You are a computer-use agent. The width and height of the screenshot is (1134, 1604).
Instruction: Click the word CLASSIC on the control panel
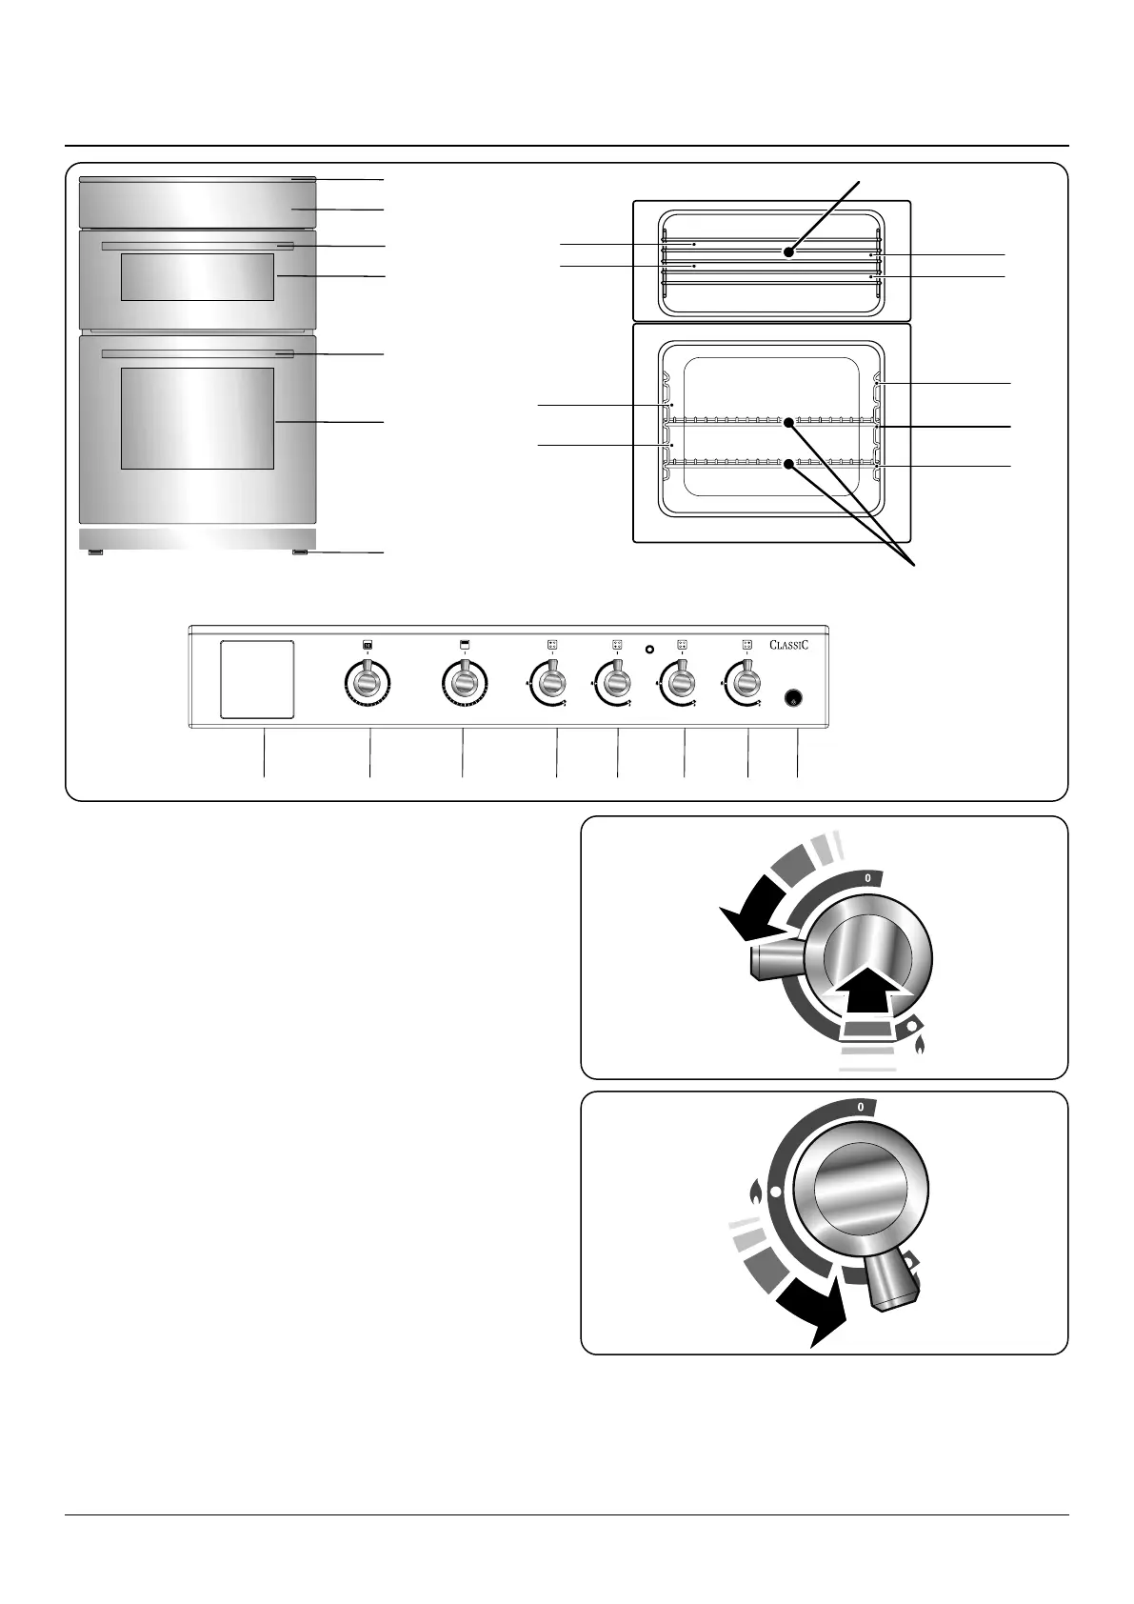pyautogui.click(x=789, y=645)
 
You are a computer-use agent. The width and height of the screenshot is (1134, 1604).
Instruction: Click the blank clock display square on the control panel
pyautogui.click(x=257, y=678)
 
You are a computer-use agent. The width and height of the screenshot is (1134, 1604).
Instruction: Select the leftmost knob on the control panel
pyautogui.click(x=368, y=683)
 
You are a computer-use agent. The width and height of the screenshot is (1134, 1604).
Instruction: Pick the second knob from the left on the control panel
pyautogui.click(x=463, y=683)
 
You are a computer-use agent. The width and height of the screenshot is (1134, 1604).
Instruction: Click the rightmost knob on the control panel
pyautogui.click(x=747, y=683)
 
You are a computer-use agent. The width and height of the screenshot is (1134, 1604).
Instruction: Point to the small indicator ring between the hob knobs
pyautogui.click(x=649, y=650)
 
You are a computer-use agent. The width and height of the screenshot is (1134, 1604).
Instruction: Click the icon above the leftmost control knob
pyautogui.click(x=368, y=645)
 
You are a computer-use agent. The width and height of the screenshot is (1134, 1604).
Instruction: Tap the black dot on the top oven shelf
pyautogui.click(x=788, y=252)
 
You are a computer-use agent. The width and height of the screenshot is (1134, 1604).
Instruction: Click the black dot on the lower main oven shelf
pyautogui.click(x=788, y=464)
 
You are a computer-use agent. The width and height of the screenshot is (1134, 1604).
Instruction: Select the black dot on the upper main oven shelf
pyautogui.click(x=788, y=421)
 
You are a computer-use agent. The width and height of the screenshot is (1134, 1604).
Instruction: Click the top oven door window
pyautogui.click(x=197, y=277)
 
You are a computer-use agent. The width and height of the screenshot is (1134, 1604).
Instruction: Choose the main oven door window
pyautogui.click(x=197, y=419)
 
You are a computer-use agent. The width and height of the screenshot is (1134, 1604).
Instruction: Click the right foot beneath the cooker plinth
pyautogui.click(x=301, y=552)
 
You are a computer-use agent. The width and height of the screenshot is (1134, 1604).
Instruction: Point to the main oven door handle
pyautogui.click(x=197, y=354)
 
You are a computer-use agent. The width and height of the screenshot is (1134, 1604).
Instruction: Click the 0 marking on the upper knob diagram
pyautogui.click(x=867, y=877)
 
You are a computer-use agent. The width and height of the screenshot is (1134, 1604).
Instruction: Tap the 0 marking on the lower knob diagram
pyautogui.click(x=861, y=1108)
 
